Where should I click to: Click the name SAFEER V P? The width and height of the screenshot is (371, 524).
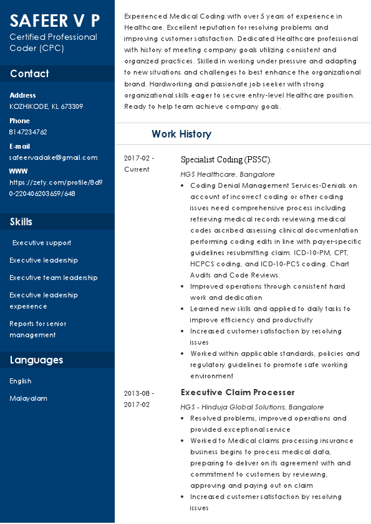[54, 21]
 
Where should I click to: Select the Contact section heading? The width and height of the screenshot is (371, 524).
[29, 73]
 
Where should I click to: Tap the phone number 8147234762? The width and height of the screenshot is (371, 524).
[28, 132]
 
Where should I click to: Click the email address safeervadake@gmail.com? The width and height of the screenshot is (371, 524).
[53, 158]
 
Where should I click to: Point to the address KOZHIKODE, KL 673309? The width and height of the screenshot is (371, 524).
[46, 106]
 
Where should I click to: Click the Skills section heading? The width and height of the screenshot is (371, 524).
[21, 222]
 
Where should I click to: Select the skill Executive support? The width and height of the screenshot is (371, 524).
[42, 243]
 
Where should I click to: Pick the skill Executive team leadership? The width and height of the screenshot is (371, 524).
[54, 278]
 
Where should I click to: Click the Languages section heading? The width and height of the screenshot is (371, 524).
[36, 360]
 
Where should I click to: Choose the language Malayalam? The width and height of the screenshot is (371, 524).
[28, 398]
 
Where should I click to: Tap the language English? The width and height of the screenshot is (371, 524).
[21, 381]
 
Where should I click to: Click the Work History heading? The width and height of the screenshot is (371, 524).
[181, 134]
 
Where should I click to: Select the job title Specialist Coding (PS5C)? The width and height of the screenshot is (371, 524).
[226, 159]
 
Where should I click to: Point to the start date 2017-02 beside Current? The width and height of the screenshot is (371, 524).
[139, 158]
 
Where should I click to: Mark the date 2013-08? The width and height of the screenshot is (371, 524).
[139, 393]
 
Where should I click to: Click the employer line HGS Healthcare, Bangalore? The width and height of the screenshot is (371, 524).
[228, 174]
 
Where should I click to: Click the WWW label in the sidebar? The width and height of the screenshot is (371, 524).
[19, 171]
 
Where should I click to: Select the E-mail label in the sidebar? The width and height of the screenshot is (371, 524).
[19, 146]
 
